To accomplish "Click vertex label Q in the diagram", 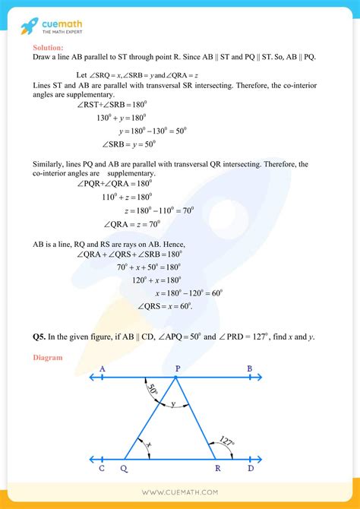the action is [125, 469].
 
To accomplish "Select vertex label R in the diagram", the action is [217, 469].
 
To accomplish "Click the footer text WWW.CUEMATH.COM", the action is [180, 494].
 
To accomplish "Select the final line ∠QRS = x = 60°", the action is [165, 305].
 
